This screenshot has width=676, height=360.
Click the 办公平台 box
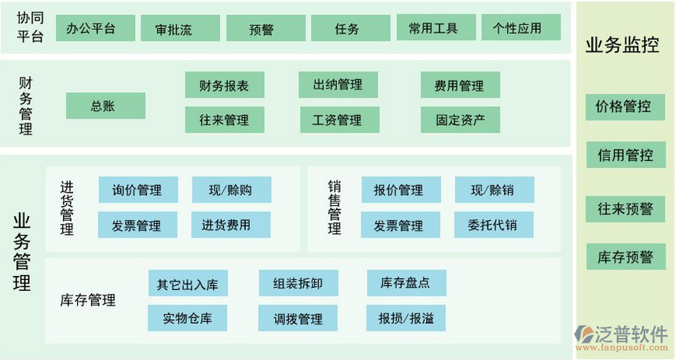pyautogui.click(x=90, y=28)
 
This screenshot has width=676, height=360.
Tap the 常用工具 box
pyautogui.click(x=432, y=28)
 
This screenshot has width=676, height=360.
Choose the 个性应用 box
pyautogui.click(x=518, y=28)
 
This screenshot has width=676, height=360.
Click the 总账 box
pyautogui.click(x=105, y=105)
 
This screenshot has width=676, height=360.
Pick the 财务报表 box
pyautogui.click(x=224, y=86)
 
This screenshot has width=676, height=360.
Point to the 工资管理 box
pyautogui.click(x=337, y=119)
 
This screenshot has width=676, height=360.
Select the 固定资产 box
pyautogui.click(x=460, y=119)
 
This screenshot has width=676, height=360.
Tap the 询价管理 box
pyautogui.click(x=138, y=190)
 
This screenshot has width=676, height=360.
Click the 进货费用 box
pyautogui.click(x=230, y=225)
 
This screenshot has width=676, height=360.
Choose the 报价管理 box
pyautogui.click(x=399, y=190)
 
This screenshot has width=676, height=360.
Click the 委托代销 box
pyautogui.click(x=493, y=225)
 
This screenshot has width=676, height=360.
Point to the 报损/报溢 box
pyautogui.click(x=406, y=318)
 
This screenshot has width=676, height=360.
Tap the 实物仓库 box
pyautogui.click(x=187, y=318)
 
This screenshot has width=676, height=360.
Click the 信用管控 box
pyautogui.click(x=625, y=155)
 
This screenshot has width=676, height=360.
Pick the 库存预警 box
pyautogui.click(x=625, y=257)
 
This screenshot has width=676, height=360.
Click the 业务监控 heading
pyautogui.click(x=623, y=46)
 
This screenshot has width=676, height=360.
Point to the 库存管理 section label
pyautogui.click(x=88, y=300)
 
